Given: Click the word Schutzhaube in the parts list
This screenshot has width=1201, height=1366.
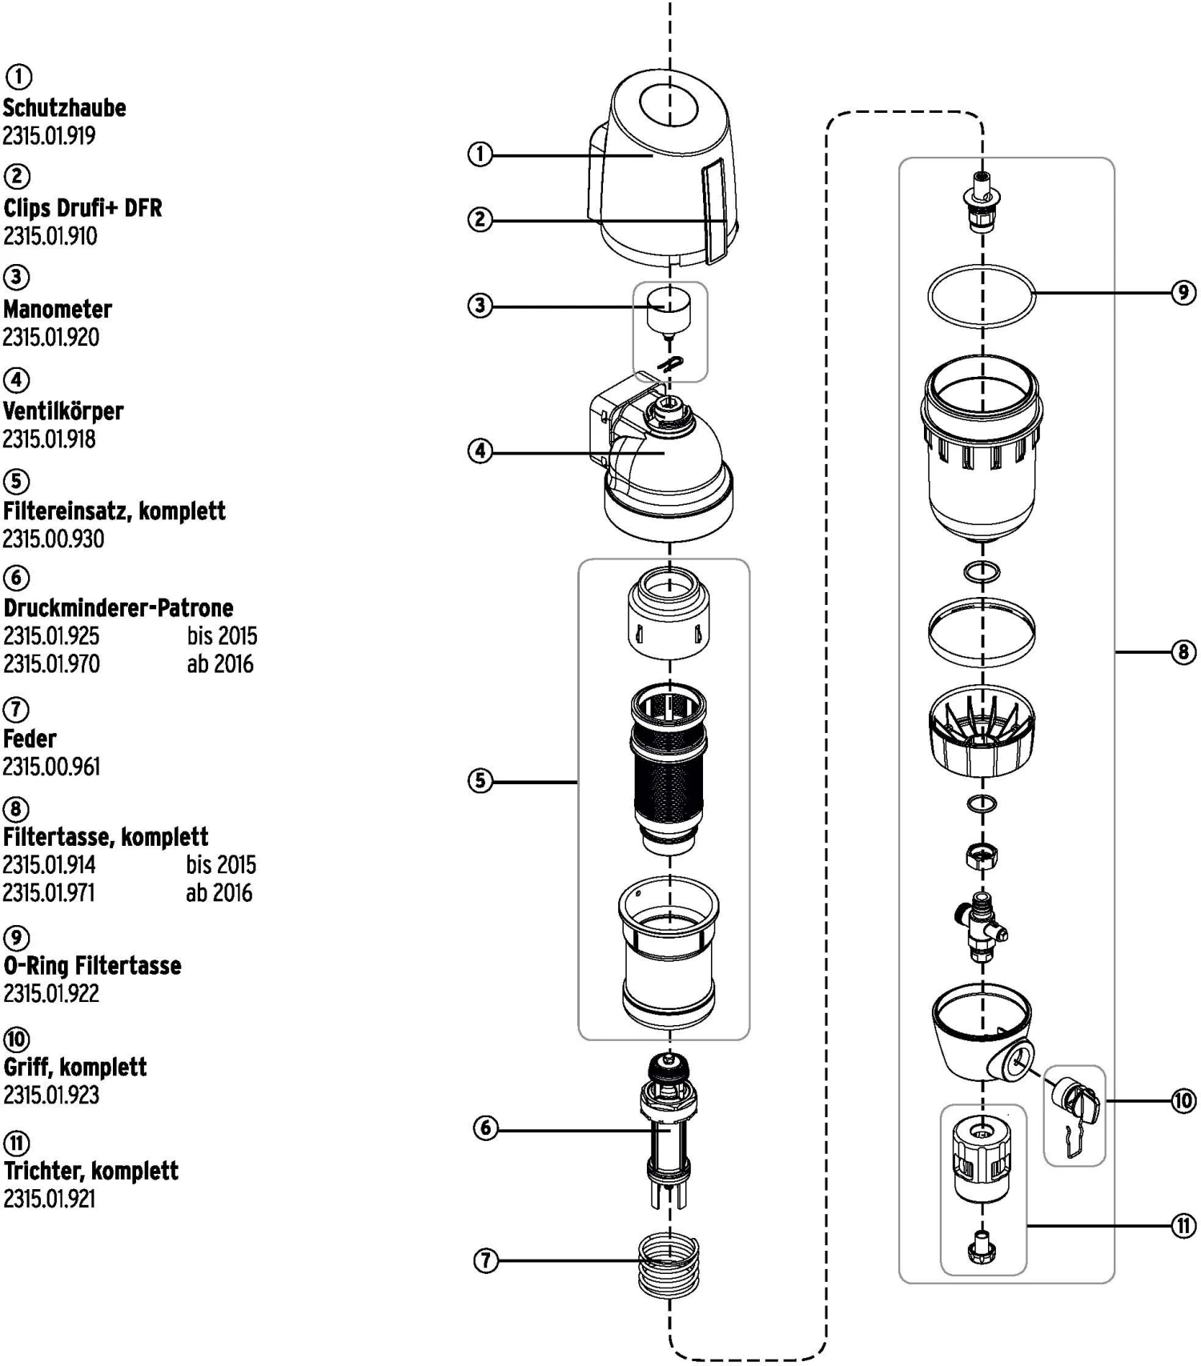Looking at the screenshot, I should (64, 108).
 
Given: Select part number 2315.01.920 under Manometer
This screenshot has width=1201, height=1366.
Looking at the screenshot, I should (51, 337).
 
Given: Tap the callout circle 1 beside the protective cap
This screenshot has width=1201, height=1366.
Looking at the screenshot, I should (480, 154).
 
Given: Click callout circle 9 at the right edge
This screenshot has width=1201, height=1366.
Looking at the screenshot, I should (1183, 293).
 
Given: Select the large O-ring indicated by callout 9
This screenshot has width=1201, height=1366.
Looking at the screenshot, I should (981, 295).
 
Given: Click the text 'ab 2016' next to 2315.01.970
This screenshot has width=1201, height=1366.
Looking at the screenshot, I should (220, 663).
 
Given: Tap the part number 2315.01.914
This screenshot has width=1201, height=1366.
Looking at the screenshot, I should (50, 864).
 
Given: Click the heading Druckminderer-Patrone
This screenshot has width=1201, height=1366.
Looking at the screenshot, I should (118, 607).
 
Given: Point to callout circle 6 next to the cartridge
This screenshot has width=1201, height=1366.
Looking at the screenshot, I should (485, 1129).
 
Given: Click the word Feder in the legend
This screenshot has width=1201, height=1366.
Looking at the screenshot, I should (30, 738).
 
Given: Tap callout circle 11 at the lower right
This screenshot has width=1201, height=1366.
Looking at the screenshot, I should (1183, 1225).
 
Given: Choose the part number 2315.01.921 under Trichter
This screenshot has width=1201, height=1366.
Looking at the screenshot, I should (49, 1198).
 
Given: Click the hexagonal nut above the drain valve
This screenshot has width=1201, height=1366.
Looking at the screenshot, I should (981, 858).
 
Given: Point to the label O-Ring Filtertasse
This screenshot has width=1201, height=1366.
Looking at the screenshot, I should (92, 965).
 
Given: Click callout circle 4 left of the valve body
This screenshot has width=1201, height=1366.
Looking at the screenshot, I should (480, 451).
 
